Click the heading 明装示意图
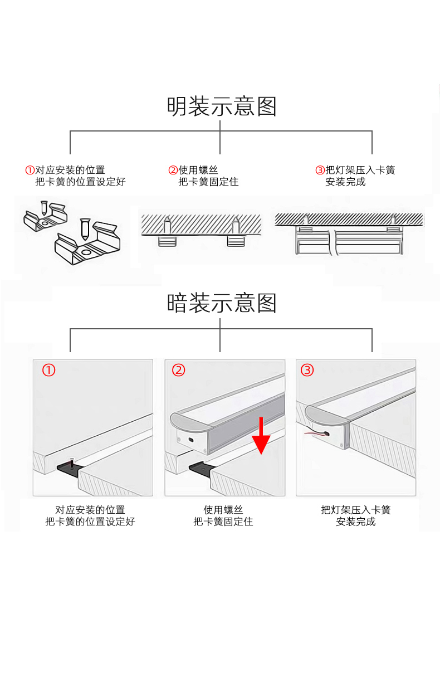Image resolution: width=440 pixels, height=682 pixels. [222, 106]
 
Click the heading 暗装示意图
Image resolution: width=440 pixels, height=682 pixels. [222, 303]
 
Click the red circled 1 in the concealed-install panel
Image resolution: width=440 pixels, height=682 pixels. [49, 371]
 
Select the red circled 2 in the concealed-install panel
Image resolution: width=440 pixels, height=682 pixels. [178, 371]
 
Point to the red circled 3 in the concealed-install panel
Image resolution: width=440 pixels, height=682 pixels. [307, 371]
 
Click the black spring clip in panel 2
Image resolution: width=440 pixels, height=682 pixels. [200, 469]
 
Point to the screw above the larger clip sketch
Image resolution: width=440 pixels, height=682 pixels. [85, 228]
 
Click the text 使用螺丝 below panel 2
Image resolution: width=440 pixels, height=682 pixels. [223, 509]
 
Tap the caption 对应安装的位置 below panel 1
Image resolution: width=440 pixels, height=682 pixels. [90, 509]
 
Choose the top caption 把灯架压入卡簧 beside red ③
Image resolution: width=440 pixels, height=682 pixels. [360, 170]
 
